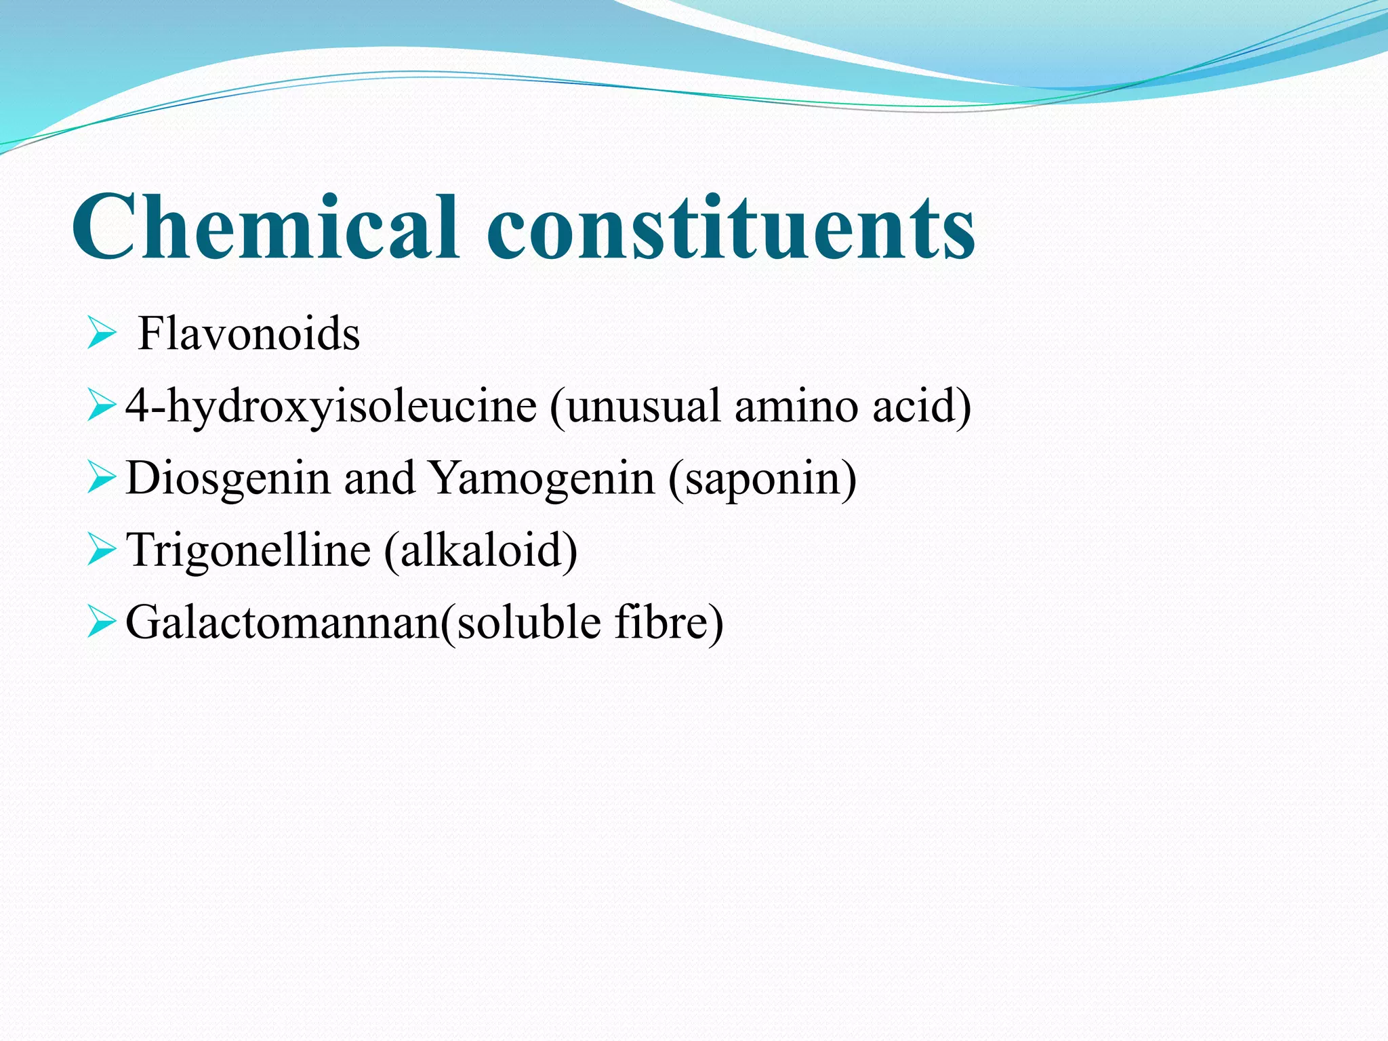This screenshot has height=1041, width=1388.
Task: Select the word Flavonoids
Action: tap(249, 334)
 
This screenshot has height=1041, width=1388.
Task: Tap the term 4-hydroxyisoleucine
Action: tap(331, 407)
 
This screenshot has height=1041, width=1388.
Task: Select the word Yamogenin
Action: tap(542, 478)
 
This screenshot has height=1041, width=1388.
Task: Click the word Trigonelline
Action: tap(249, 550)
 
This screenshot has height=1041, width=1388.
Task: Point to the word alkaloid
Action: tap(481, 550)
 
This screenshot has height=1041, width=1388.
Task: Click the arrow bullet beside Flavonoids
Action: tap(102, 335)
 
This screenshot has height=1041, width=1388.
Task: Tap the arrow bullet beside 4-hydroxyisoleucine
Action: tap(102, 407)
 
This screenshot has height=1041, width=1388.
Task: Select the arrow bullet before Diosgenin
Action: tap(102, 478)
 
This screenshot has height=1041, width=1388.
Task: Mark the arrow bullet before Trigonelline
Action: tap(102, 550)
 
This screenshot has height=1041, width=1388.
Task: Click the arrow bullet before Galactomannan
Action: tap(102, 622)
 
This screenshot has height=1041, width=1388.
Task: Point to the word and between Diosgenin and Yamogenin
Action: tap(379, 478)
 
